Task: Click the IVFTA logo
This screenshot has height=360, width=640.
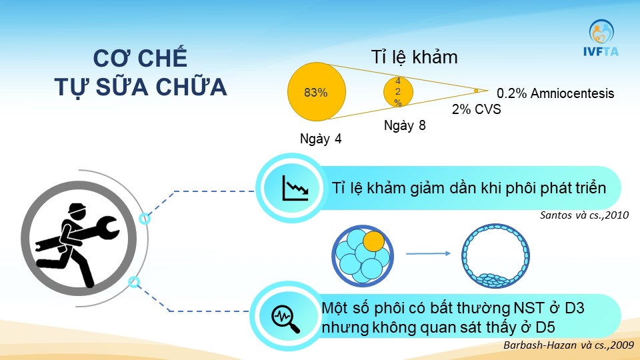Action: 601,37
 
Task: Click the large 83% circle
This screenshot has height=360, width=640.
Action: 317,92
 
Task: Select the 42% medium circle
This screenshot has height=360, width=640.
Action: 398,92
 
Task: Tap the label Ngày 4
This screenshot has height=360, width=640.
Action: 321,139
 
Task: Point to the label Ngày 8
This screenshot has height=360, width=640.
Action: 405,125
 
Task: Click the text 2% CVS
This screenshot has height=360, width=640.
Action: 476,109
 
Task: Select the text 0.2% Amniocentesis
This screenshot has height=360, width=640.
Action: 555,93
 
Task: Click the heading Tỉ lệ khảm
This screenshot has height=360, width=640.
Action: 414,57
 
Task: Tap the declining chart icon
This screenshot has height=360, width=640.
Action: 295,188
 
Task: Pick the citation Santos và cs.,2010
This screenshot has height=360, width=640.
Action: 584,215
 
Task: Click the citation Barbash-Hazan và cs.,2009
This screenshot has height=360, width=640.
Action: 569,345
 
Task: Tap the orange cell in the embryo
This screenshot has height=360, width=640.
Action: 373,241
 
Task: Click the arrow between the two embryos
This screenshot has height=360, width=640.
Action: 428,253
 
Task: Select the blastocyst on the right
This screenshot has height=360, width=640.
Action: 495,255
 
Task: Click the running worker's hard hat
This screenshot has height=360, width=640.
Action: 77,209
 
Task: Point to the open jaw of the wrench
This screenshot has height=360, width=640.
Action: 110,229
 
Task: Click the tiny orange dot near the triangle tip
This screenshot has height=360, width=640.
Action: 476,91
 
